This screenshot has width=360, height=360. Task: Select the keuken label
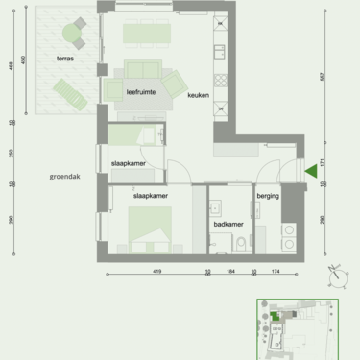coord(198,94)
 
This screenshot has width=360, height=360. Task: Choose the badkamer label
coord(227,223)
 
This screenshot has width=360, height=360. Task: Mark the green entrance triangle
coord(310,172)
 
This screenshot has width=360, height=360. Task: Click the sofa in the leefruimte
coord(143,72)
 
